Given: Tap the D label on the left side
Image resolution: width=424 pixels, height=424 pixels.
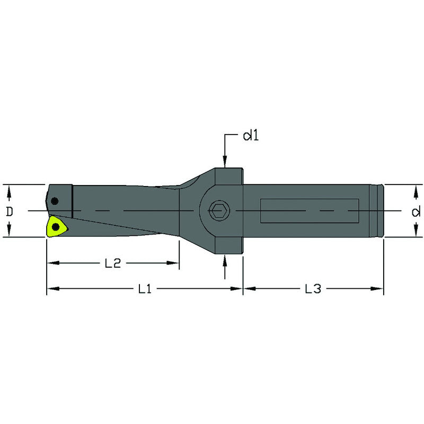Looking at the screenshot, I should pyautogui.click(x=10, y=211).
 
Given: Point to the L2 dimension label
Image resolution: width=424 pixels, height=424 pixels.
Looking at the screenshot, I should pyautogui.click(x=113, y=262).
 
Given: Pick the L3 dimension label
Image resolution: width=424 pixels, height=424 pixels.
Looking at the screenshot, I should pyautogui.click(x=313, y=289).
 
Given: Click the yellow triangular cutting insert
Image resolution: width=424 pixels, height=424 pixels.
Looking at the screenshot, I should pyautogui.click(x=56, y=227).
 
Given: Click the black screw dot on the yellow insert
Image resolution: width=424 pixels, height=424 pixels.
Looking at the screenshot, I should pyautogui.click(x=55, y=227).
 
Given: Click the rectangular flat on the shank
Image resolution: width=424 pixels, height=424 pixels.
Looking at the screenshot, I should pyautogui.click(x=310, y=211).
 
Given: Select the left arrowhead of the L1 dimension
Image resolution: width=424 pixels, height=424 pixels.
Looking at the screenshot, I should pyautogui.click(x=51, y=289).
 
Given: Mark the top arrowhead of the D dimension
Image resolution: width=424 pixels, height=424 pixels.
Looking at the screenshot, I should pyautogui.click(x=10, y=188).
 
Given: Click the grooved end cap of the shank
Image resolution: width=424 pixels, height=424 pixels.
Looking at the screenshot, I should pyautogui.click(x=378, y=211).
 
